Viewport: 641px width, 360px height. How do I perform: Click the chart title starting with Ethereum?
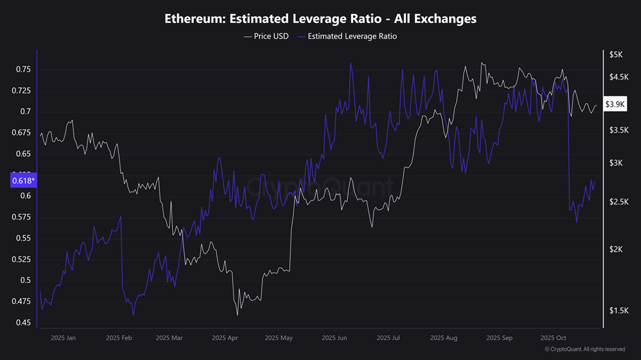point(320,19)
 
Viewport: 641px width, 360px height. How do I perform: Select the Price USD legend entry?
point(268,36)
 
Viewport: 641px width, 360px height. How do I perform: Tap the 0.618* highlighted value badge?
point(24,180)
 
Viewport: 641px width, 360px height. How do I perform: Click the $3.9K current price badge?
point(617,104)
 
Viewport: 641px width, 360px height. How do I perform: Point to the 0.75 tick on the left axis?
point(23,70)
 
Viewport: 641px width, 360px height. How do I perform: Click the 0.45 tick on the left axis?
point(23,323)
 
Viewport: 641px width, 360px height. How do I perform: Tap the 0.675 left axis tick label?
point(21,133)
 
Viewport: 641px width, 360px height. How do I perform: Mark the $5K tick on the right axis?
point(615,55)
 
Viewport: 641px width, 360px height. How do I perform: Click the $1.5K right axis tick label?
point(619,311)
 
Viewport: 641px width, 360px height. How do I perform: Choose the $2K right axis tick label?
point(615,250)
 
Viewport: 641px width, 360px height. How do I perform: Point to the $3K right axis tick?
point(615,163)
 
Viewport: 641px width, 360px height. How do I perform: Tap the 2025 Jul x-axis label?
point(388,338)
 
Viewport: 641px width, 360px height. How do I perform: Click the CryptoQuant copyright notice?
point(584,349)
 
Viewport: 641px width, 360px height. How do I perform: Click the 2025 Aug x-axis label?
point(443,338)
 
